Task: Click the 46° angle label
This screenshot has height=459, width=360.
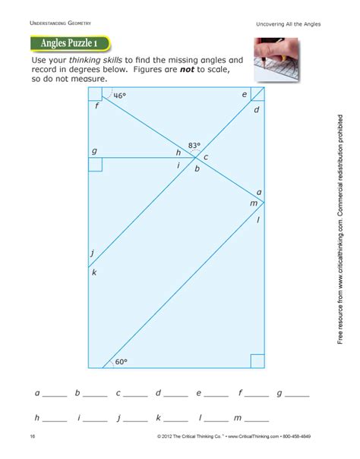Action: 119,96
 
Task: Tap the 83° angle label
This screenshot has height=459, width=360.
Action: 195,144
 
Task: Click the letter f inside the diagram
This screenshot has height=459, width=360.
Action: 97,106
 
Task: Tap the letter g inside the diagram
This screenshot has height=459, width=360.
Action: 94,151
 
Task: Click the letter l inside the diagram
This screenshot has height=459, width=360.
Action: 258,219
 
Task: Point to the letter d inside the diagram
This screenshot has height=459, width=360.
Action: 257,110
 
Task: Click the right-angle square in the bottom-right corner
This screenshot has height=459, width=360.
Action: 257,360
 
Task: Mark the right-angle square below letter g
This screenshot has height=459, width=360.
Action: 94,165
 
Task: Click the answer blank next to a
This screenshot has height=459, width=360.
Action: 55,396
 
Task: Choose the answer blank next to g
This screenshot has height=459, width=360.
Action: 297,396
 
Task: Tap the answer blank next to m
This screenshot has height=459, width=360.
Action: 257,420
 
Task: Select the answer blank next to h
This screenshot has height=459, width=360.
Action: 55,420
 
